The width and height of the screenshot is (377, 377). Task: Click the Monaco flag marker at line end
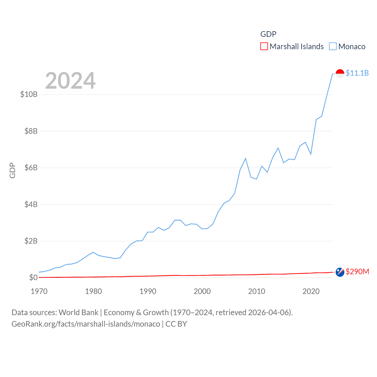point(340,73)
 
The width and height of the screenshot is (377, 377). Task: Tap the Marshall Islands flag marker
point(340,272)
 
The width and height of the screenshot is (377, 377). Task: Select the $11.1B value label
point(357,73)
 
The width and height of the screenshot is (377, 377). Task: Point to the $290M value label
point(357,272)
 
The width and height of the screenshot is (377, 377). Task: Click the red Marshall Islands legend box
point(264,47)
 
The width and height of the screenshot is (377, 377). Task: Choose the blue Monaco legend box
point(333,47)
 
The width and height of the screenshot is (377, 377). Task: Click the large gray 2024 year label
point(70,81)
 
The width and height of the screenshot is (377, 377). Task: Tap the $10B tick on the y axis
point(29,94)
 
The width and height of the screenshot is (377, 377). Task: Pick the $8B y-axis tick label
point(31,131)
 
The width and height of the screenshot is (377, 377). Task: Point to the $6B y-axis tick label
point(31,168)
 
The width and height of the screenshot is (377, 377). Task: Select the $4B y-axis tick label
point(31,204)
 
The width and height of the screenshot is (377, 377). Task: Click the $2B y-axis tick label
point(31,241)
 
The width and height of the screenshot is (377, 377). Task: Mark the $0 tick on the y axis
point(33,277)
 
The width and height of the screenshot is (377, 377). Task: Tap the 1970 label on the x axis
point(39,291)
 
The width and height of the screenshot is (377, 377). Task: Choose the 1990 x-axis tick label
point(148,291)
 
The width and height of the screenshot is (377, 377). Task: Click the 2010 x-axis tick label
point(257,291)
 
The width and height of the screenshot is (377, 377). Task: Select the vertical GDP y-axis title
point(12,170)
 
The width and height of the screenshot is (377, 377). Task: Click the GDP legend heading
point(268,34)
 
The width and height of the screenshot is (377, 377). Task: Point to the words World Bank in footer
point(79,312)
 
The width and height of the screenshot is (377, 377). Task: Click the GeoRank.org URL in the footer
point(86,324)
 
